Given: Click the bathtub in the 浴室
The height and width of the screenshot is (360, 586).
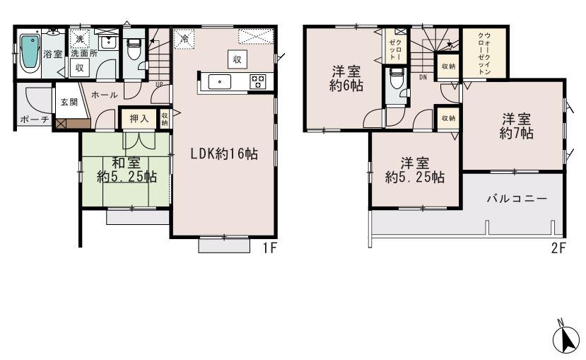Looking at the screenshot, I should pyautogui.click(x=30, y=52).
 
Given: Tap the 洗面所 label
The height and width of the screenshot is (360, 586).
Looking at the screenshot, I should pyautogui.click(x=83, y=53).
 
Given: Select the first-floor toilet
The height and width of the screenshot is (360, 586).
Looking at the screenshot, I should pyautogui.click(x=132, y=50).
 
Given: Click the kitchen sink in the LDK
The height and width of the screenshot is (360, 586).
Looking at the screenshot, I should pyautogui.click(x=221, y=82).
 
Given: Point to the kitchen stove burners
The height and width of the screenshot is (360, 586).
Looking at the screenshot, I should pyautogui.click(x=257, y=81).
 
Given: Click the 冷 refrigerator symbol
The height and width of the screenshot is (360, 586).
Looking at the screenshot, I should pyautogui.click(x=184, y=40).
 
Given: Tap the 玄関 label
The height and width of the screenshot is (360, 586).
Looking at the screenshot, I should pyautogui.click(x=69, y=101).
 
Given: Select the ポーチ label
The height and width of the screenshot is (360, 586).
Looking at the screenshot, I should pyautogui.click(x=34, y=120).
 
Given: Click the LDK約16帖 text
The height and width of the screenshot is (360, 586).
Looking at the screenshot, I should pyautogui.click(x=223, y=154).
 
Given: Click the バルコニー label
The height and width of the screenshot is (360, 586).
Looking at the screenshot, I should pyautogui.click(x=516, y=199).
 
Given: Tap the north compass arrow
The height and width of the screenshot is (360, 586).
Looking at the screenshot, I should pyautogui.click(x=565, y=339).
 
